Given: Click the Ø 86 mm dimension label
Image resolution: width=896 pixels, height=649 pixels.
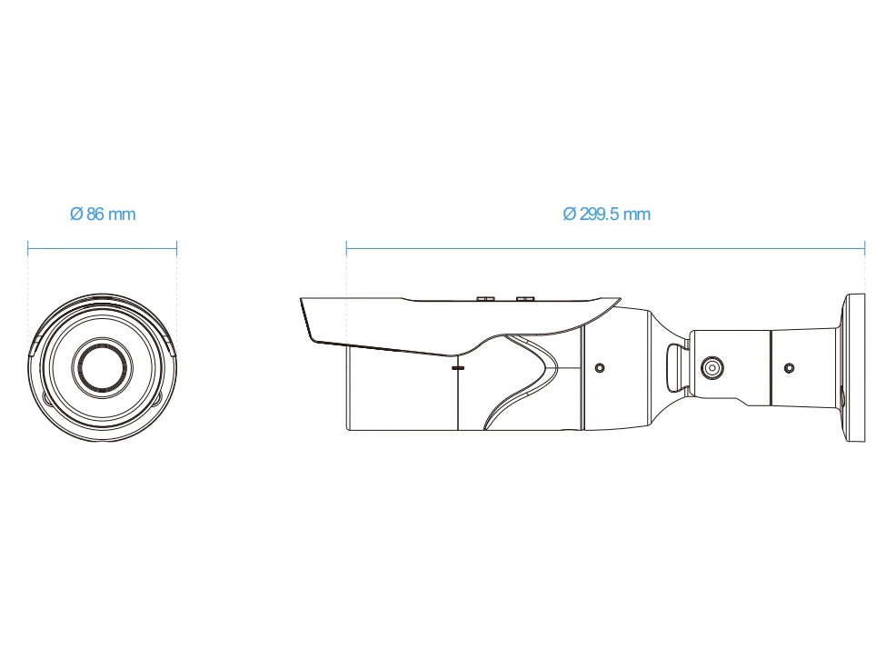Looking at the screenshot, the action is coord(103,215).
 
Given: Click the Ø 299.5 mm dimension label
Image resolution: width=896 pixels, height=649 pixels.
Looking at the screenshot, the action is coord(606,215).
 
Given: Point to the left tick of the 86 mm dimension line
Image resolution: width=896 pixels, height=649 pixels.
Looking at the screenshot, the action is coord(28,248).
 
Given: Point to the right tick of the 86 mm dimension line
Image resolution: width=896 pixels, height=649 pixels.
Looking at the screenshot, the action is coord(176,248).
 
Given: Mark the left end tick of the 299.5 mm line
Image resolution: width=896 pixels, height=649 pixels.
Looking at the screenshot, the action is coord(346,248).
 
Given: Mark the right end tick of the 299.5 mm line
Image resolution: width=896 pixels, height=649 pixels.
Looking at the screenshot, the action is coord(864,248).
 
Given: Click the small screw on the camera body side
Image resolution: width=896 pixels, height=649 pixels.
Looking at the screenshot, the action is coord(600,367).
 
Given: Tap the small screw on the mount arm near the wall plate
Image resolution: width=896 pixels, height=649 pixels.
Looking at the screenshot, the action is coord(789,367).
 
